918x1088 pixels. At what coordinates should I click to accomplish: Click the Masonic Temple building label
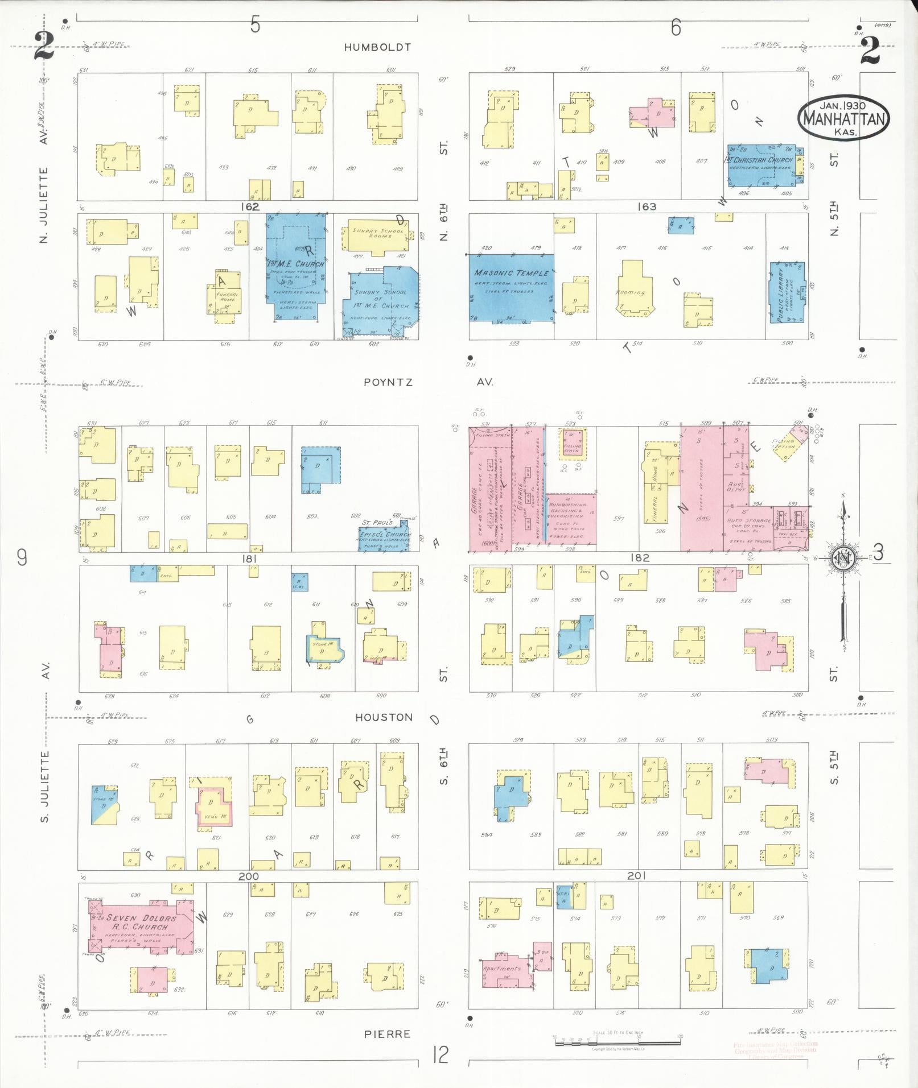coord(512,274)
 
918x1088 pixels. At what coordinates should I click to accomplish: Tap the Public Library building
coord(787,292)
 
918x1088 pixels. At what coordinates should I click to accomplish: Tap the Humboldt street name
coord(377,48)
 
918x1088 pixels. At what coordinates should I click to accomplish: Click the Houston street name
coord(384,717)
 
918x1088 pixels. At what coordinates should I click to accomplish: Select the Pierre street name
coord(388,1033)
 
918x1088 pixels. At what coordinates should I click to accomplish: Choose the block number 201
coord(636,875)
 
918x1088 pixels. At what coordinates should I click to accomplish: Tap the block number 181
coord(249,559)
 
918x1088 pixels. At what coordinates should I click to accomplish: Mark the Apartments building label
coord(501,968)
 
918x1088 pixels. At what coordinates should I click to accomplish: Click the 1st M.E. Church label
coord(296,264)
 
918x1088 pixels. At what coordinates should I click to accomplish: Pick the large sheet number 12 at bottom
coord(441,1056)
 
